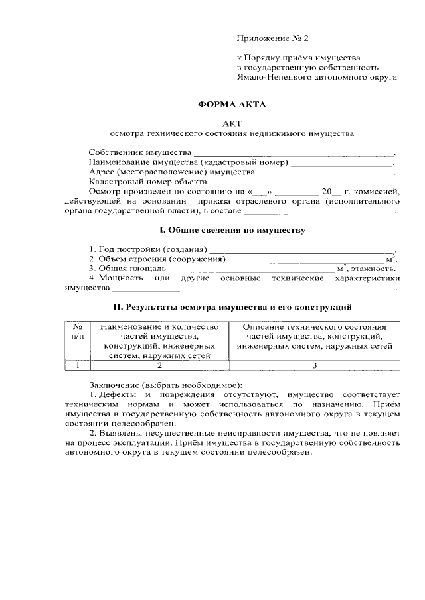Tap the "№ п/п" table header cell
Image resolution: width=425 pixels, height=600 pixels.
(x=77, y=331)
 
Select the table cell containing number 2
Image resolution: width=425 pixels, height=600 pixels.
(x=159, y=365)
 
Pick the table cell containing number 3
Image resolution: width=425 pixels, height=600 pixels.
(x=314, y=365)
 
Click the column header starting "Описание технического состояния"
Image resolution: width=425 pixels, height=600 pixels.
(x=314, y=336)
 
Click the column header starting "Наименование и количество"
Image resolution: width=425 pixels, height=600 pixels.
(x=159, y=341)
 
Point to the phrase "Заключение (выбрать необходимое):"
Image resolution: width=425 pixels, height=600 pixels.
(x=166, y=385)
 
